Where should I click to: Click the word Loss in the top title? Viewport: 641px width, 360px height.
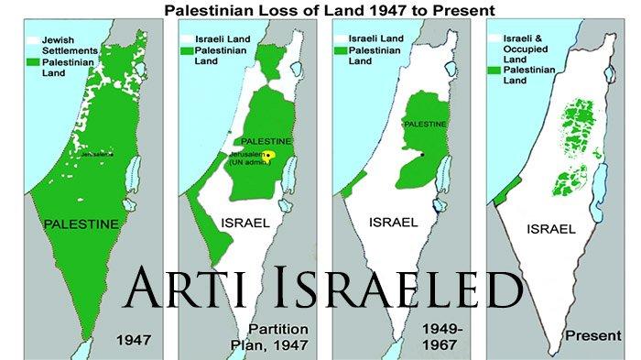(323, 11)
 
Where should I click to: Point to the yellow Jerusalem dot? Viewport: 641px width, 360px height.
(270, 155)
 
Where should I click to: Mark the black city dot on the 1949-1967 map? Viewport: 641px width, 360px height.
(423, 156)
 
